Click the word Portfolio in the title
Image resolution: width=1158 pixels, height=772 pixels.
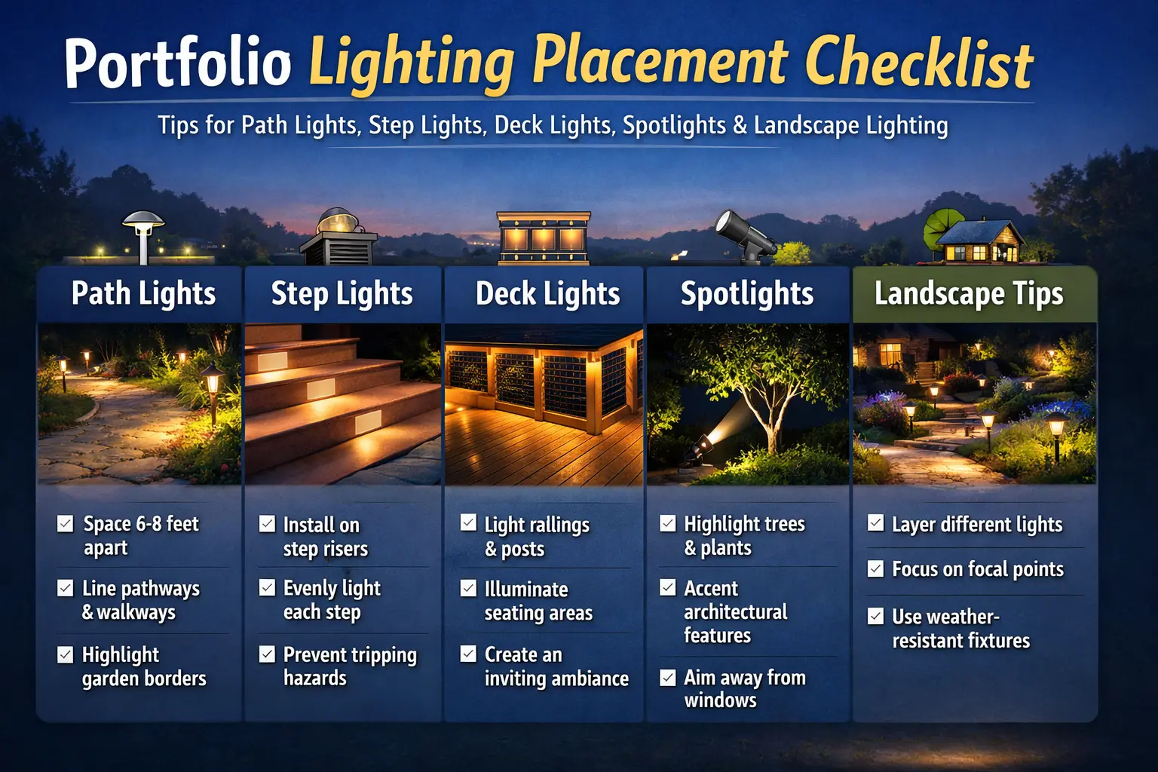(x=178, y=63)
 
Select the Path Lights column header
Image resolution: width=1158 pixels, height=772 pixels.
(x=143, y=294)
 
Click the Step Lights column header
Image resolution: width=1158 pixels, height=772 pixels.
(x=342, y=294)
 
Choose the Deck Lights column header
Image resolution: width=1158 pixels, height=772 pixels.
(x=547, y=294)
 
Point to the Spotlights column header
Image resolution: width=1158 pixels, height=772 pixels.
(x=746, y=294)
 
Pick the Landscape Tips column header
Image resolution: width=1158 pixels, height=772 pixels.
(x=969, y=294)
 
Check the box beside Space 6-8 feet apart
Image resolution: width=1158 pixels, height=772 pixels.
(x=66, y=524)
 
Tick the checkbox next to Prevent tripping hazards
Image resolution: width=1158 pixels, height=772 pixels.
(x=267, y=654)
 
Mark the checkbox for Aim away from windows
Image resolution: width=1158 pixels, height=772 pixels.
(x=668, y=678)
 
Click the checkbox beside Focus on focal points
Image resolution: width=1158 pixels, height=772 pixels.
(x=875, y=568)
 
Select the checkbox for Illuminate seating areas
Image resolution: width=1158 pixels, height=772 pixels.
(x=468, y=589)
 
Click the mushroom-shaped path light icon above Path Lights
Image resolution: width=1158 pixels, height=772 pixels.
(x=143, y=234)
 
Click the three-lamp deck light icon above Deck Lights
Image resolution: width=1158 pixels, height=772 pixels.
(x=543, y=237)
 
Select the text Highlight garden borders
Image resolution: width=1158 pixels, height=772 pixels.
(x=143, y=666)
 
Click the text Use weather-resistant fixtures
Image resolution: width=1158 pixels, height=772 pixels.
(x=960, y=629)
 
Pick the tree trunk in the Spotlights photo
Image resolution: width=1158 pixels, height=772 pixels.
(x=770, y=430)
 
